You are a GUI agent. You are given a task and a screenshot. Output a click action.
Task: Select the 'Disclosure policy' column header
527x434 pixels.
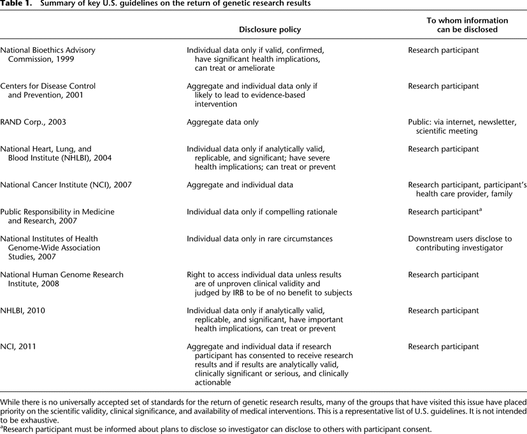click(270, 29)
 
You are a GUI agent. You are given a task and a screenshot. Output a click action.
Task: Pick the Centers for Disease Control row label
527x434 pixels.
click(48, 90)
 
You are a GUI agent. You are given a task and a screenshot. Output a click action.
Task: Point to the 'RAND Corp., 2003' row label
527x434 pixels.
click(33, 122)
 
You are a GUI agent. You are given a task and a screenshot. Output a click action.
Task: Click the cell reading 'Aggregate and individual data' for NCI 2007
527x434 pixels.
click(240, 185)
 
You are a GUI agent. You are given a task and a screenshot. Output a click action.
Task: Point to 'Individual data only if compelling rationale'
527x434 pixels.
click(262, 212)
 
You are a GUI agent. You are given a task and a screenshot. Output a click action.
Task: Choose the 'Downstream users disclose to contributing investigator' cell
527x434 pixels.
click(459, 243)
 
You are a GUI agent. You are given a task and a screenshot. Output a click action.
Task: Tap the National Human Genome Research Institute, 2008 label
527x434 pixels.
click(62, 279)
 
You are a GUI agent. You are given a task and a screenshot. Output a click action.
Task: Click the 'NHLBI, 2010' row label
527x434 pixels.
click(23, 311)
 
